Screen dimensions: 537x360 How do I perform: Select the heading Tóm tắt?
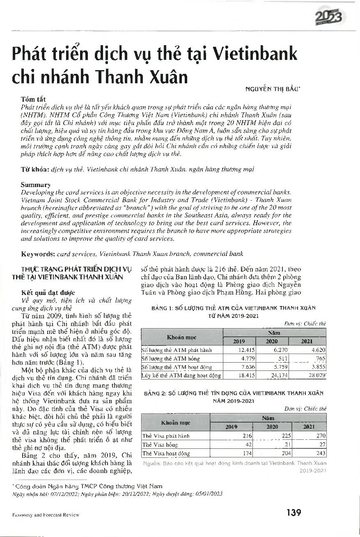pyautogui.click(x=33, y=99)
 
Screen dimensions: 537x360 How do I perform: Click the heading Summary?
pyautogui.click(x=36, y=185)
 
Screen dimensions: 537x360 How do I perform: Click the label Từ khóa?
pyautogui.click(x=35, y=169)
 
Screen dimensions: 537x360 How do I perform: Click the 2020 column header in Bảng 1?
pyautogui.click(x=272, y=341)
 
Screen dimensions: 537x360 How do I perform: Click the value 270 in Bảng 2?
pyautogui.click(x=321, y=436)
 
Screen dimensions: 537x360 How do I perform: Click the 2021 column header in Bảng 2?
pyautogui.click(x=309, y=427)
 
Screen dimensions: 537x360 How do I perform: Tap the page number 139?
pyautogui.click(x=294, y=512)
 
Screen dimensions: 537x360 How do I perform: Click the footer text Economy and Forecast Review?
pyautogui.click(x=46, y=514)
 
